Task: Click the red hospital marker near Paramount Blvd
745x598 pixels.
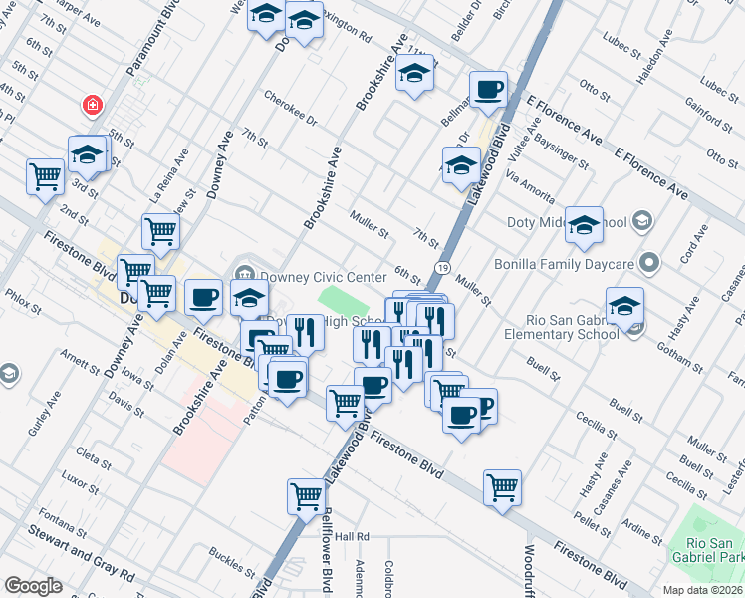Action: (x=92, y=105)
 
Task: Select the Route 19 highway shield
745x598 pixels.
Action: (x=441, y=267)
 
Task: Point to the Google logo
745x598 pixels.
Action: (x=33, y=586)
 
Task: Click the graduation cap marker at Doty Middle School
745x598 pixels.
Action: (x=585, y=224)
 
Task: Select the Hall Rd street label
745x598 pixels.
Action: (x=353, y=536)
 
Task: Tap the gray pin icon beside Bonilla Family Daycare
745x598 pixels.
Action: (x=650, y=264)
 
